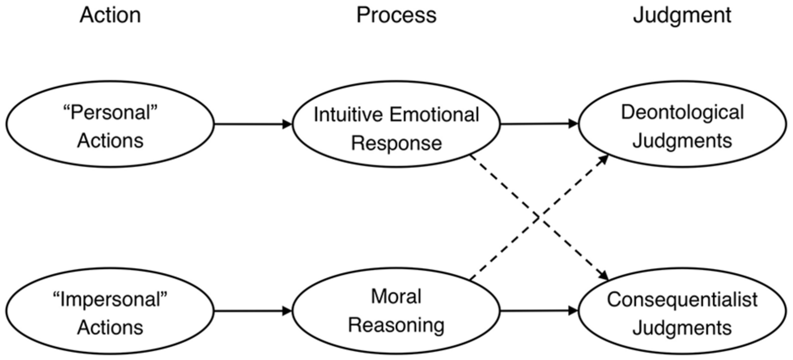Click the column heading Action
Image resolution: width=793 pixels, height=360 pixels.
pyautogui.click(x=110, y=15)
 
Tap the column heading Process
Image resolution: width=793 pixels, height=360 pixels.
pyautogui.click(x=396, y=15)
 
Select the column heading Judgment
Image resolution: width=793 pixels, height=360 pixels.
pyautogui.click(x=682, y=15)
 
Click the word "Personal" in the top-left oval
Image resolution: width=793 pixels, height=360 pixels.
pyautogui.click(x=110, y=113)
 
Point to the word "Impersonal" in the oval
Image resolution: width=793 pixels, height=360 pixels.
pyautogui.click(x=110, y=300)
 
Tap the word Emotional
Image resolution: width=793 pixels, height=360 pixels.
pyautogui.click(x=434, y=115)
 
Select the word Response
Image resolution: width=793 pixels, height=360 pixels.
pyautogui.click(x=396, y=143)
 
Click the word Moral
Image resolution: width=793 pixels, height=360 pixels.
pyautogui.click(x=396, y=297)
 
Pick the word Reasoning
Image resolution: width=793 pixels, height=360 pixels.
pyautogui.click(x=396, y=325)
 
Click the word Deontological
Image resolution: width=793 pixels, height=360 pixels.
pyautogui.click(x=682, y=113)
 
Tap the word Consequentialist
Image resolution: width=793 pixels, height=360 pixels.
pyautogui.click(x=682, y=300)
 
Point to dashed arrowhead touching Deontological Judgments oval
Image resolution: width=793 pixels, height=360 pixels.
pyautogui.click(x=603, y=159)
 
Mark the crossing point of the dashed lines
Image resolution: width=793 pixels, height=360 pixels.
pyautogui.click(x=538, y=218)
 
